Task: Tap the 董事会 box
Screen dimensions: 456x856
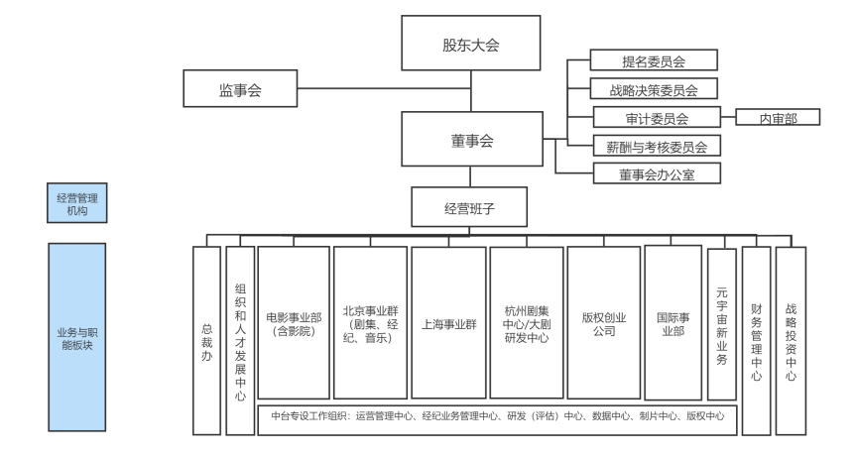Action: [472, 142]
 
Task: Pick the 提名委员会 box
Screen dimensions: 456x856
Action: [654, 61]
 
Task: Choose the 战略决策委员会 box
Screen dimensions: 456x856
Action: [654, 89]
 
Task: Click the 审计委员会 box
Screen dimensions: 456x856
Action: [654, 118]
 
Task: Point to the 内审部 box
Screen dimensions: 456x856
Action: [778, 118]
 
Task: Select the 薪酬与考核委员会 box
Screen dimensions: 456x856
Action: [654, 147]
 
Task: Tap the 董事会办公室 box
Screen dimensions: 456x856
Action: [654, 174]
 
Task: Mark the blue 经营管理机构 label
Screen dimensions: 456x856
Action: [77, 205]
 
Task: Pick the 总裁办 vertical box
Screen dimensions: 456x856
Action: [206, 340]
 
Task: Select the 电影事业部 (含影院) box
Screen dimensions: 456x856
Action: [294, 324]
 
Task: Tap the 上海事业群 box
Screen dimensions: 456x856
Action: [448, 324]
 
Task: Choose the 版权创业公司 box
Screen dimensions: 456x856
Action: [603, 324]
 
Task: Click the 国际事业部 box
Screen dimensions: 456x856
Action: [673, 324]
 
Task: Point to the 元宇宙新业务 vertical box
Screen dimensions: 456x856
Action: [721, 324]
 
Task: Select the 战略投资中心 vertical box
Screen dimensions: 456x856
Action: [791, 340]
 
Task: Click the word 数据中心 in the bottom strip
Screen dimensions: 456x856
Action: [605, 416]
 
